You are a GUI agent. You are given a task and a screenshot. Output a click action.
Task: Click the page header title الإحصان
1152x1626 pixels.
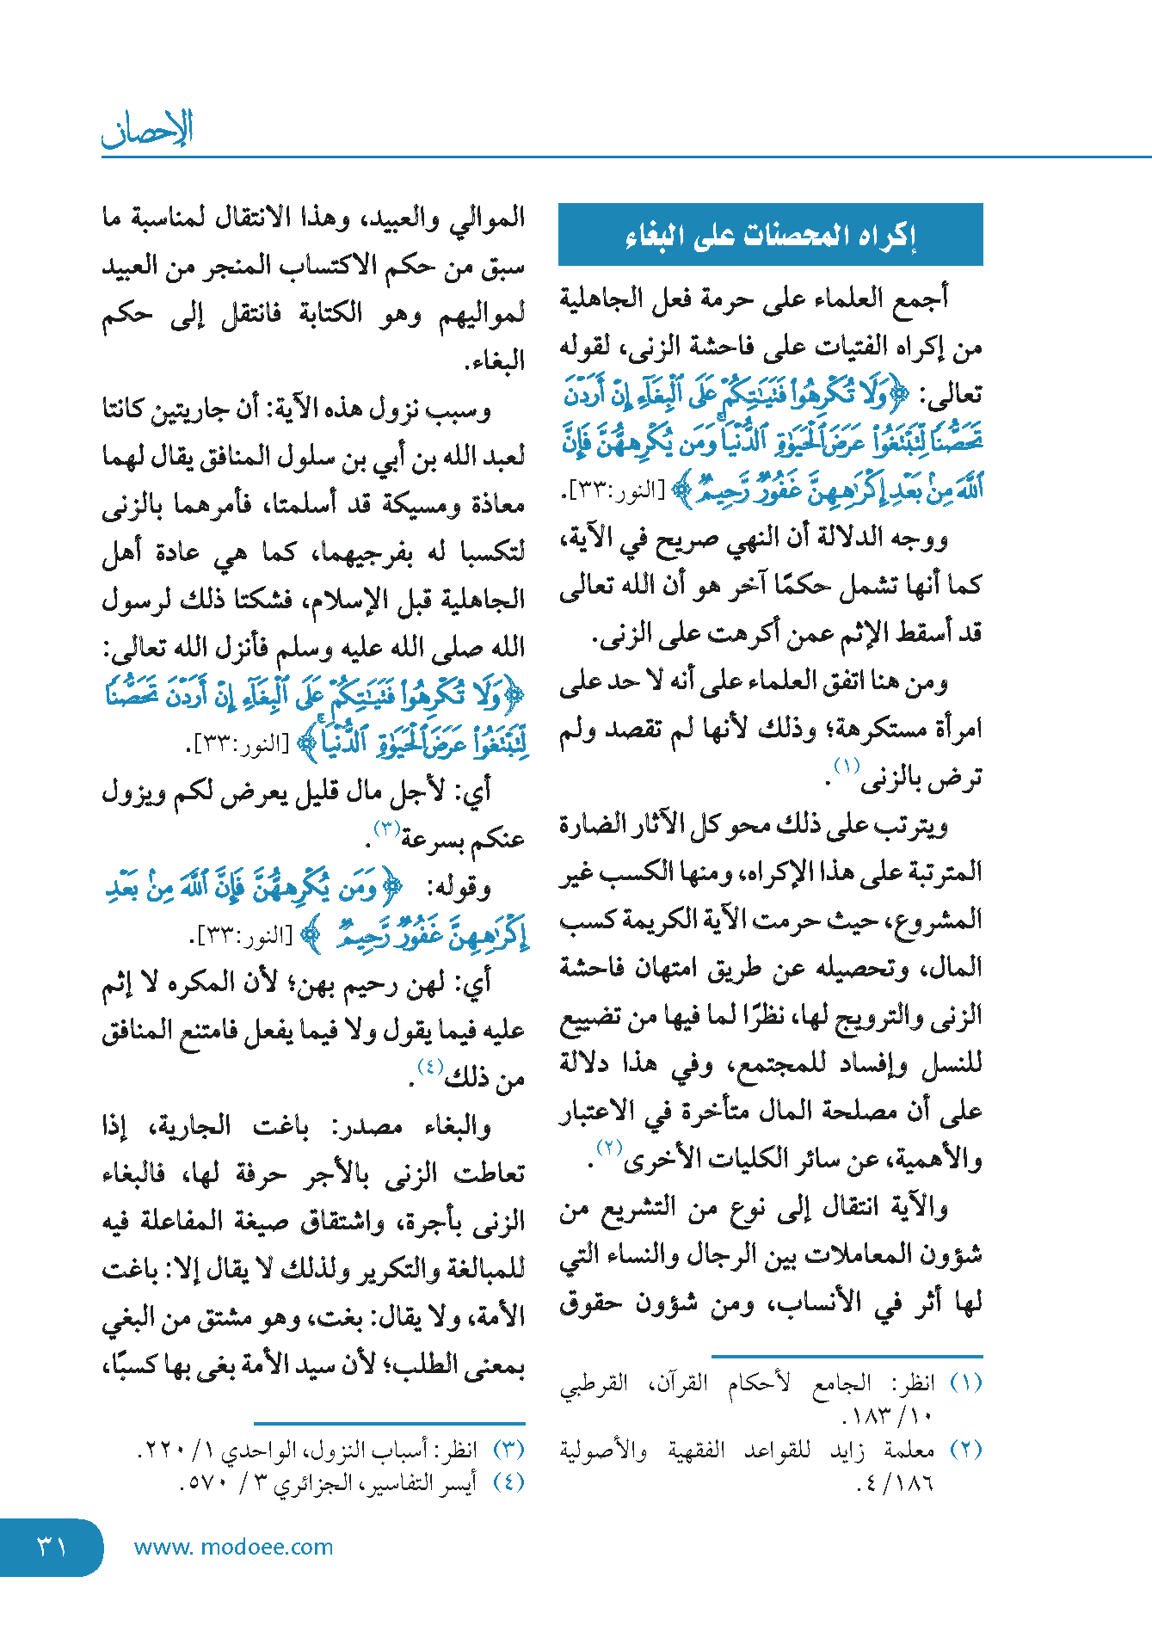point(147,129)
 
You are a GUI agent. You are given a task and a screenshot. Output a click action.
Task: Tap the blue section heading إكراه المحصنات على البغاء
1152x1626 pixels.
point(770,235)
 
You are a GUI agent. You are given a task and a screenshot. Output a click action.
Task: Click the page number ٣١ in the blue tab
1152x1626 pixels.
point(52,1547)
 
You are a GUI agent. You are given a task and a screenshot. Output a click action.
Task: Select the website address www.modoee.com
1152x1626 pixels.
point(233,1547)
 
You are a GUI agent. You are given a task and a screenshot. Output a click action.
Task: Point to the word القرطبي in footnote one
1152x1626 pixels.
point(594,1384)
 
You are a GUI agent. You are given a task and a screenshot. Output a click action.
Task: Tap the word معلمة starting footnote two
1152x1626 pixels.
point(909,1450)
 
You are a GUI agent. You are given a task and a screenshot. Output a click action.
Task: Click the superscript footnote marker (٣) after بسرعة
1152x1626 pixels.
point(385,828)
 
